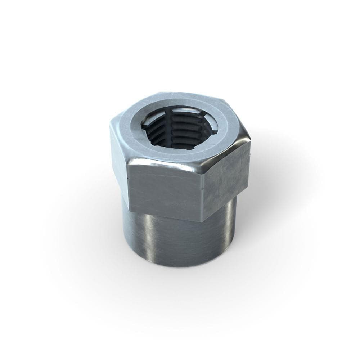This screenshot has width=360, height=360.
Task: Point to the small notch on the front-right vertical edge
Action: click(x=204, y=188)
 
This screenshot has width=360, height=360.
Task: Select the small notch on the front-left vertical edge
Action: click(x=128, y=178)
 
